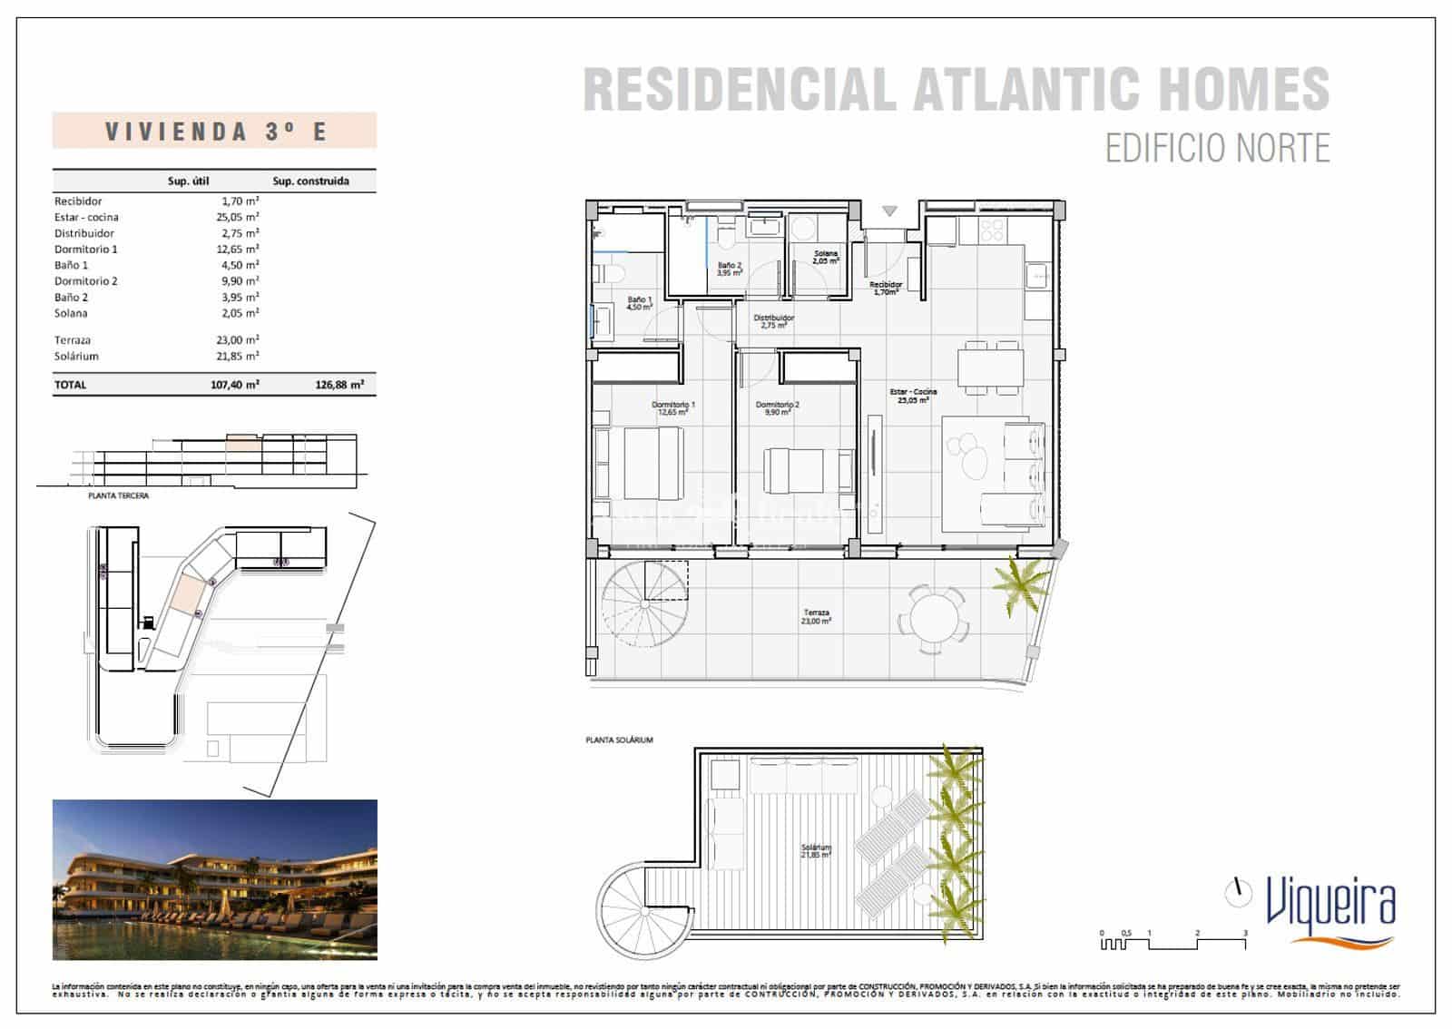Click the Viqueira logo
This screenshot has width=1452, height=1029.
tap(1329, 908)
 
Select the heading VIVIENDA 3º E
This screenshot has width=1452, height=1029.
tap(215, 132)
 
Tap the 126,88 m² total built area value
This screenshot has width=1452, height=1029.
tap(339, 385)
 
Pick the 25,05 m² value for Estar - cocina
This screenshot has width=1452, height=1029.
tap(240, 217)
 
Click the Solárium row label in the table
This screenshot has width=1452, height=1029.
tap(76, 357)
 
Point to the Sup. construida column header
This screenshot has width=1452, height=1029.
tap(310, 181)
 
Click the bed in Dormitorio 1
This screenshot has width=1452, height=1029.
tap(640, 463)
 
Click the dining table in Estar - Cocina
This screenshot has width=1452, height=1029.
tap(990, 367)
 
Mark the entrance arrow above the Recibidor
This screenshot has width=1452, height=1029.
tap(889, 211)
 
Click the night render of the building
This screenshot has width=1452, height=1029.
tap(214, 879)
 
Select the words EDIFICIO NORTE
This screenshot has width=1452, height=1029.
tap(1217, 148)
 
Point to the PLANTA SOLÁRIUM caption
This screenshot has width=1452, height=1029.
tap(620, 740)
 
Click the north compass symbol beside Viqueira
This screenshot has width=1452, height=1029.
tap(1235, 893)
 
